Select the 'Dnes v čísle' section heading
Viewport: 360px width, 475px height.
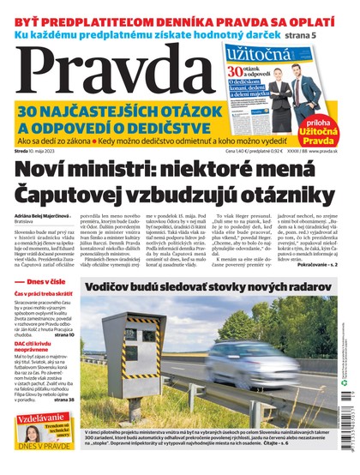tap(48, 305)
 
